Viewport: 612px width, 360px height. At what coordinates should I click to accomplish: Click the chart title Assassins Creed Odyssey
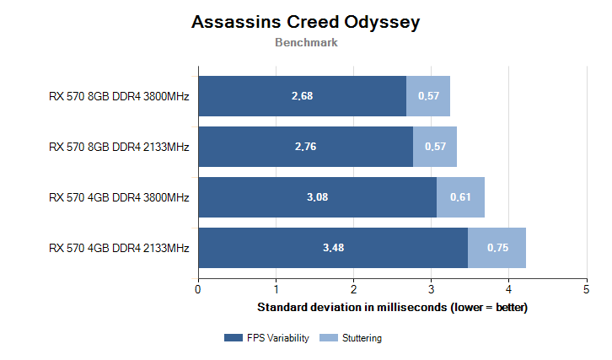[305, 22]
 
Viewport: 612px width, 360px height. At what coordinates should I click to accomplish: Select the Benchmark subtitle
[306, 43]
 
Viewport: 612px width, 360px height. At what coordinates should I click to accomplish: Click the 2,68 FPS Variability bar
[302, 96]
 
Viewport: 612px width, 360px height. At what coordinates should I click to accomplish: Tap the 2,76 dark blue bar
[305, 147]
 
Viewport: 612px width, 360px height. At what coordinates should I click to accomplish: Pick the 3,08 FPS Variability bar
[317, 197]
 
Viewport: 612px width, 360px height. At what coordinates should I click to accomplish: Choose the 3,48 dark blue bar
[333, 248]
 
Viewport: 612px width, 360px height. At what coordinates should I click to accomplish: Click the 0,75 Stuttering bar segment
[497, 248]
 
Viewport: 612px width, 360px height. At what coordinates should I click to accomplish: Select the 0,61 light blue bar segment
[460, 197]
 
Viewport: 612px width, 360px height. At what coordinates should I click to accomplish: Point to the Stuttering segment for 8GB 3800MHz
[428, 96]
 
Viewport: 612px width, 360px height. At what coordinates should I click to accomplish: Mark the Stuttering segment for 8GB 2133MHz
[435, 147]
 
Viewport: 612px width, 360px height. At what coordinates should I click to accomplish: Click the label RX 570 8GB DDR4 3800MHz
[119, 97]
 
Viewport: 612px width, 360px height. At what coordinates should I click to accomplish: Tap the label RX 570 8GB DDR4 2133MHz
[119, 148]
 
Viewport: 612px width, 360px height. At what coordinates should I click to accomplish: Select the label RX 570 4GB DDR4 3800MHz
[119, 198]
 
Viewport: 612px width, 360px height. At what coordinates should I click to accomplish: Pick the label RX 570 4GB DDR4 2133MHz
[119, 249]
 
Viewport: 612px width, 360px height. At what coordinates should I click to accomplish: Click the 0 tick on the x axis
[198, 290]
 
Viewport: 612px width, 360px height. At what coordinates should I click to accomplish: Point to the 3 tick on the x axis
[431, 290]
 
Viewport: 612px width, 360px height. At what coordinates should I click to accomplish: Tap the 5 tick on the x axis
[586, 290]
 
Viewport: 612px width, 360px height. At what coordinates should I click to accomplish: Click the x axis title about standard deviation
[392, 307]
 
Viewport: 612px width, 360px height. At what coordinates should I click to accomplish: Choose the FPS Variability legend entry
[266, 338]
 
